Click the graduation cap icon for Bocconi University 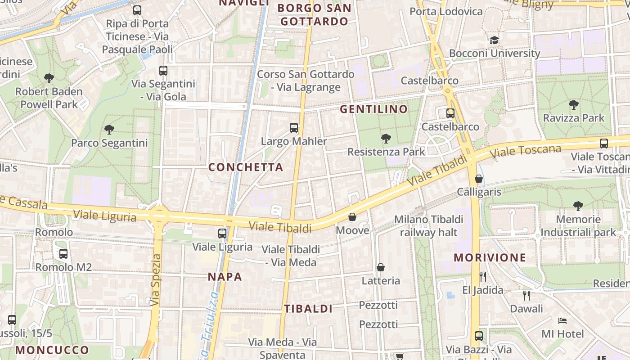coord(495,40)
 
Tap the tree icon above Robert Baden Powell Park coord(49,78)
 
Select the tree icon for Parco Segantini coord(109,130)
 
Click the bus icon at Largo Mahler coord(294,128)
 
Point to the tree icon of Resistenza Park coord(386,138)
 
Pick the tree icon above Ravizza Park coord(574,105)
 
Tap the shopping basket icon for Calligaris coord(479,179)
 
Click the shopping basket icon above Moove coord(352,217)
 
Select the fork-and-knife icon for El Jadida coord(483,276)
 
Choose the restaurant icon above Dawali coord(526,295)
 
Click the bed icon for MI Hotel coord(562,321)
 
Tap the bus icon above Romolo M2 coord(63,253)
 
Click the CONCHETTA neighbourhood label coord(246,167)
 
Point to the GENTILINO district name coord(373,109)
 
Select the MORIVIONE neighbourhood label coord(490,257)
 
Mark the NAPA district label coord(225,277)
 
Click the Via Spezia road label coord(156,280)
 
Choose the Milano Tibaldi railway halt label coord(428,226)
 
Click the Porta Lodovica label coord(446,11)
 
